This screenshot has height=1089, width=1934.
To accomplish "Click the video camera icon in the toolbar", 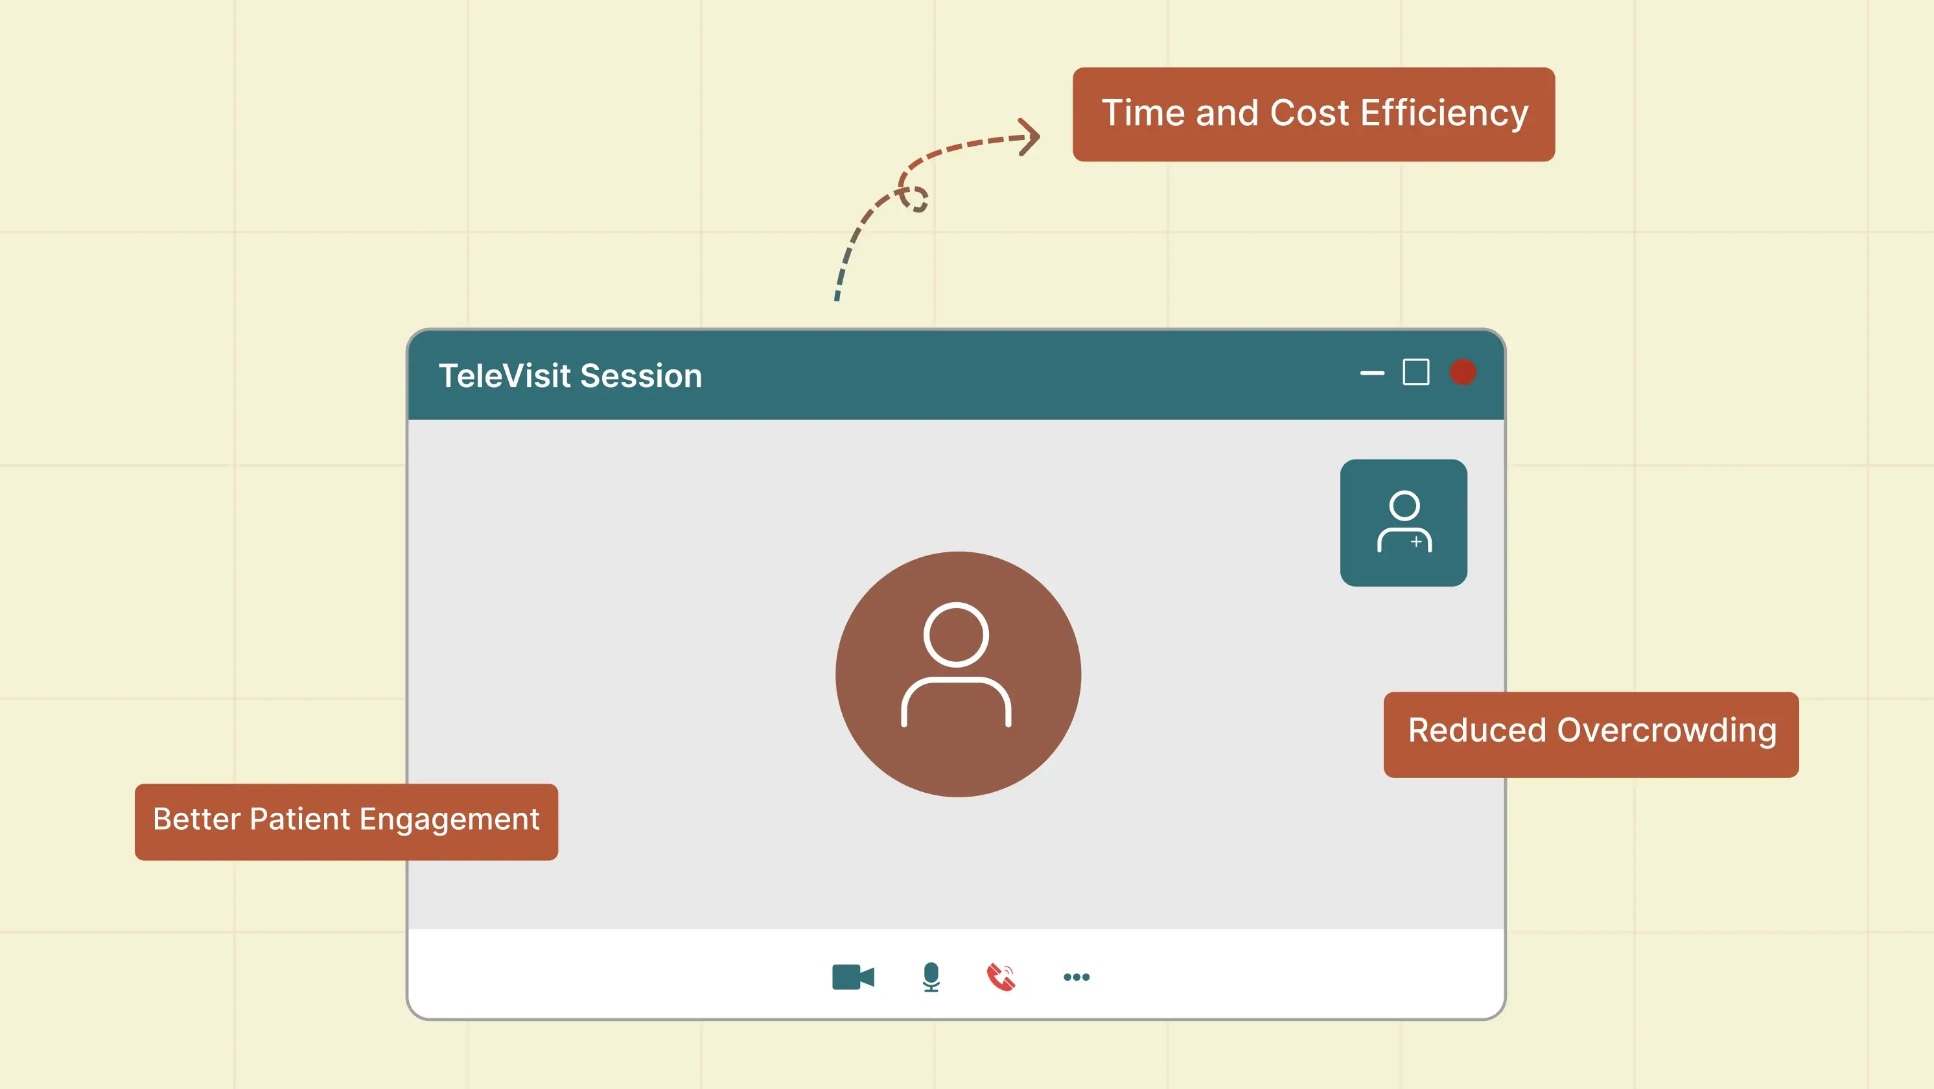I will coord(853,977).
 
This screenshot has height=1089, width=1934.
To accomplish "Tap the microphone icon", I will coord(931,976).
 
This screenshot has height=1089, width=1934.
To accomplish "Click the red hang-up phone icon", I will coord(1001,977).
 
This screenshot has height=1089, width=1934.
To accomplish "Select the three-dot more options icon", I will coord(1077,977).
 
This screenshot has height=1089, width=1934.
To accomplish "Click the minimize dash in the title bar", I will coord(1371,373).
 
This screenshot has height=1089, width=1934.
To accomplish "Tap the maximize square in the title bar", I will coord(1416,373).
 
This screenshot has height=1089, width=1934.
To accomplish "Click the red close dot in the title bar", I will coord(1463,373).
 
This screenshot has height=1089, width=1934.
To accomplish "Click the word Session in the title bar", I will coord(641,375).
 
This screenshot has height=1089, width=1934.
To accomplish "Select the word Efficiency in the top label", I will coord(1444,113).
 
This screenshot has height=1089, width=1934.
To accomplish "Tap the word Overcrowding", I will coord(1667,731).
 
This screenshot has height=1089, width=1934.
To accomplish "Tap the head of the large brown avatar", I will coord(956,635).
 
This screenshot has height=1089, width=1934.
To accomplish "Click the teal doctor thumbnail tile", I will coord(1403,522).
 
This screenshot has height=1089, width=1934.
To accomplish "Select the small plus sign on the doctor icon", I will coord(1416,541).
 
